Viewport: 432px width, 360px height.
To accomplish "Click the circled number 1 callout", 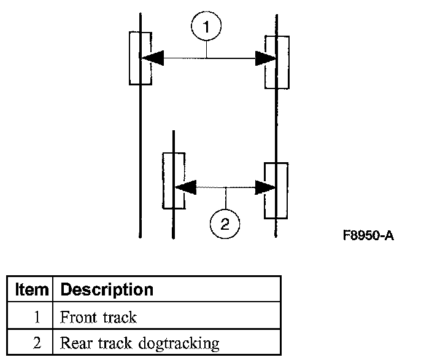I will click(x=206, y=27).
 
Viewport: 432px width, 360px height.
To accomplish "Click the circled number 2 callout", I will click(x=225, y=224).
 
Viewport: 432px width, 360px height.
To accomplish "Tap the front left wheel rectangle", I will click(x=140, y=58).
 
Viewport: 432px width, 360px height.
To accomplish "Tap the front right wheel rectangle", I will click(x=277, y=62).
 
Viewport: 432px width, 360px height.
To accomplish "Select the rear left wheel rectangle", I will click(x=173, y=181).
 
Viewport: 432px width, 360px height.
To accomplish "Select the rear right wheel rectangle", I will click(x=276, y=190).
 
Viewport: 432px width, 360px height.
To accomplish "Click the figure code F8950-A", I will click(x=368, y=236).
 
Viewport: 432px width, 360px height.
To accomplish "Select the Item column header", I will click(x=31, y=289).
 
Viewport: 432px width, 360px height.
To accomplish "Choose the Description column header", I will click(x=107, y=289).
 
